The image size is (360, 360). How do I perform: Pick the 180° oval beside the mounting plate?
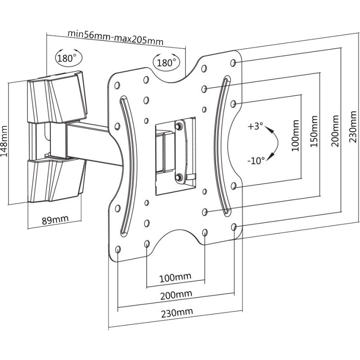[x=166, y=62]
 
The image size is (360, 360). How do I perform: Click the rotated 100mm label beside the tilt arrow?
[x=295, y=136]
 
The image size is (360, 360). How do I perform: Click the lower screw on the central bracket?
[x=179, y=176]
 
